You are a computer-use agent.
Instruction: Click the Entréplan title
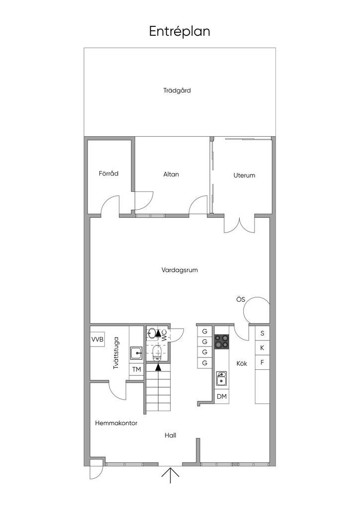(180, 31)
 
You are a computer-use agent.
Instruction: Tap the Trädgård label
(177, 90)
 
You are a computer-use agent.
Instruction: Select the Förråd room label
(108, 173)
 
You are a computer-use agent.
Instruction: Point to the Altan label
(171, 174)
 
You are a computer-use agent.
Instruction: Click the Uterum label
(244, 175)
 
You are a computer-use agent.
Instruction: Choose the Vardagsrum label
(180, 270)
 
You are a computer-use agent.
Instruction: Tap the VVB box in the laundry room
(97, 340)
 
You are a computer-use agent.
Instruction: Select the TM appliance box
(136, 370)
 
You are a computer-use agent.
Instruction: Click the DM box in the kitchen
(222, 396)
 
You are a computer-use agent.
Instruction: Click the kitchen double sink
(222, 379)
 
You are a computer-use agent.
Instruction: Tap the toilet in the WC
(157, 353)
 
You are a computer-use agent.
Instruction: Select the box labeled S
(262, 333)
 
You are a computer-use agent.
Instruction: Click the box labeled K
(262, 347)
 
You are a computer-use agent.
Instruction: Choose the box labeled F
(262, 362)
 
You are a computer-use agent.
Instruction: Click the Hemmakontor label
(116, 424)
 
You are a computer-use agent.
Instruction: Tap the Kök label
(242, 363)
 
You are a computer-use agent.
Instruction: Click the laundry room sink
(136, 353)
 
